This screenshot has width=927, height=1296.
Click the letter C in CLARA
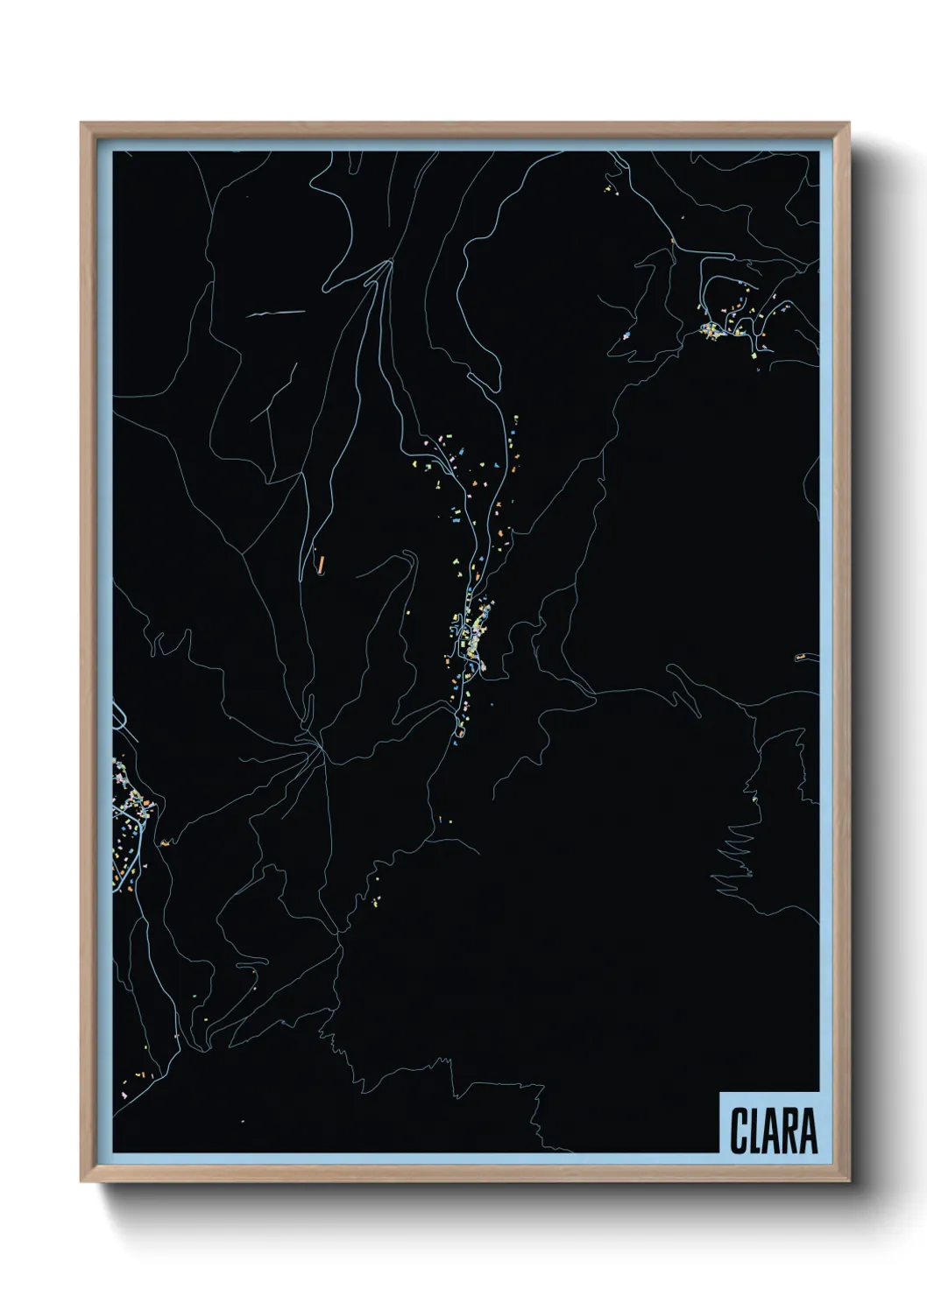(738, 1130)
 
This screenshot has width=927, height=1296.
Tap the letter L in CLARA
(754, 1130)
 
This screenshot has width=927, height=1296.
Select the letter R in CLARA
(789, 1130)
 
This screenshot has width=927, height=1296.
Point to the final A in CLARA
(808, 1130)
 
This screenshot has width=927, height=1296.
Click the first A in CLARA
(771, 1130)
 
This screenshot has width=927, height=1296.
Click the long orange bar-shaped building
(322, 563)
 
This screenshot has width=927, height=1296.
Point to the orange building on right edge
(800, 657)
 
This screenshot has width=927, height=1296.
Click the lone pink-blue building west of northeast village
(626, 335)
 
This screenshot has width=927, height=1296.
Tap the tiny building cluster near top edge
(608, 186)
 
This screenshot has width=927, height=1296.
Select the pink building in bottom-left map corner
(124, 1095)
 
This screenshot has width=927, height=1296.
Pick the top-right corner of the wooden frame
(849, 124)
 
